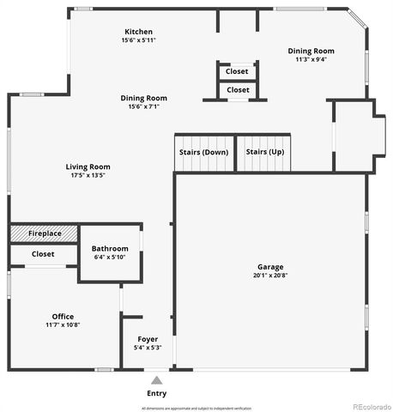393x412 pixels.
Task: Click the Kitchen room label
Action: coord(138,31)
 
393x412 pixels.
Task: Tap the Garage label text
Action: coord(269,267)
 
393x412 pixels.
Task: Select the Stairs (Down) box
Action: coord(204,152)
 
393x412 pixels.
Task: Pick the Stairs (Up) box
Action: coord(265,152)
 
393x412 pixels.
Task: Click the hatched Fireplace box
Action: coord(44,233)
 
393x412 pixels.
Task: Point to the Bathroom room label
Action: coord(110,249)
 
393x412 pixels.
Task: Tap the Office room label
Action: coord(63,316)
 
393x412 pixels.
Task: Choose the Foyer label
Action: coord(148,339)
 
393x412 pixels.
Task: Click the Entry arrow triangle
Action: coord(156,379)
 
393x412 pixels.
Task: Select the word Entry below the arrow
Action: coord(156,393)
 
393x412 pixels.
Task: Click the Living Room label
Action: coord(88,167)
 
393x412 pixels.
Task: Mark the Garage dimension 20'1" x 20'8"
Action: coord(269,276)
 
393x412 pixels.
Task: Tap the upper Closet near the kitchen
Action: coord(238,72)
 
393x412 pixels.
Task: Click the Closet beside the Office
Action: coord(43,254)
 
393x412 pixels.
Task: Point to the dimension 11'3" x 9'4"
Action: coord(310,59)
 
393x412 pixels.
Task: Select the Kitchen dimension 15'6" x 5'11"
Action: coord(138,39)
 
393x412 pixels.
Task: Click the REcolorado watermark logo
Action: coord(370,406)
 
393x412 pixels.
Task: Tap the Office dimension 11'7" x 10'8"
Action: coord(63,325)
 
